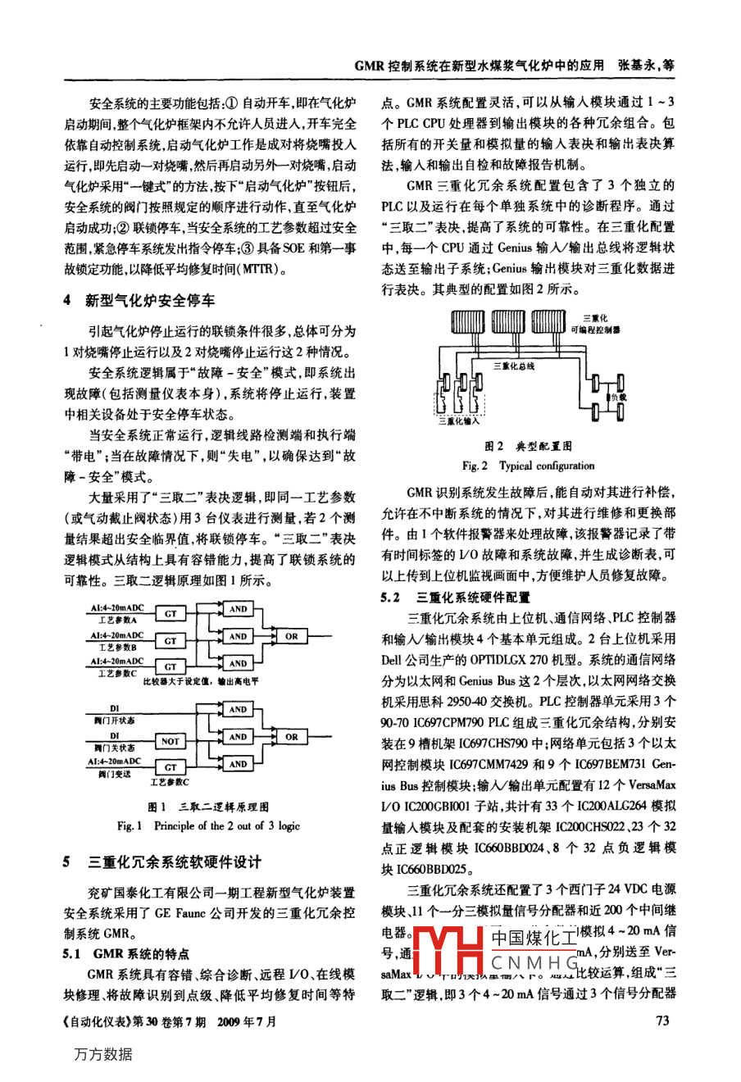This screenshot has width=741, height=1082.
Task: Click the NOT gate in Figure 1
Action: click(170, 741)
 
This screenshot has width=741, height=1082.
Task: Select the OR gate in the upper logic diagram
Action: click(292, 636)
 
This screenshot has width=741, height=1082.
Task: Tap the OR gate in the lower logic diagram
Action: click(292, 737)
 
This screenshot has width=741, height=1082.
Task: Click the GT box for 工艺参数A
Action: click(170, 613)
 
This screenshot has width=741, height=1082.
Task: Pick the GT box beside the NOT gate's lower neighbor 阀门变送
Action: click(170, 767)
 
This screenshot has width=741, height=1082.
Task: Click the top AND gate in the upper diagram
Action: click(238, 609)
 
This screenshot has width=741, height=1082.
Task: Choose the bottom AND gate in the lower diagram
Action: click(238, 764)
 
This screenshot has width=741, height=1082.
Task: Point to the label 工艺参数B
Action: click(117, 648)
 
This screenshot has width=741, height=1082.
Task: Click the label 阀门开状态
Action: click(114, 720)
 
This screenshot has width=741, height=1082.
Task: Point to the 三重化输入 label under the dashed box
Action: click(459, 422)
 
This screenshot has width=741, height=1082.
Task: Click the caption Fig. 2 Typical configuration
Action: click(528, 466)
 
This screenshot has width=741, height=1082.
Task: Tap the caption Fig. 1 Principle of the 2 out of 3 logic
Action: click(208, 826)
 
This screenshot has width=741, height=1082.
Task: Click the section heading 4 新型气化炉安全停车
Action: click(139, 301)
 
